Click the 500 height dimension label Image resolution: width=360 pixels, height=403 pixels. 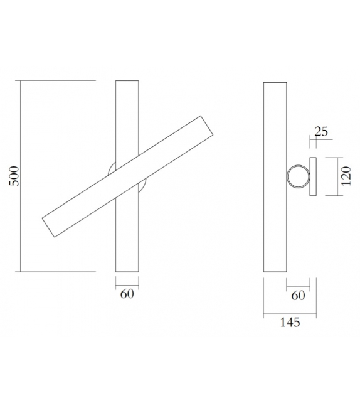click(x=14, y=176)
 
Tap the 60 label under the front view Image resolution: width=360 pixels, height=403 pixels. click(x=127, y=293)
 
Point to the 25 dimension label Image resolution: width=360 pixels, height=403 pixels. click(x=321, y=131)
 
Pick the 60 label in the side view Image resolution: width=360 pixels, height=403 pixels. click(x=298, y=294)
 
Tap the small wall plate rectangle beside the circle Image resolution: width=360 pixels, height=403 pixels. click(x=313, y=176)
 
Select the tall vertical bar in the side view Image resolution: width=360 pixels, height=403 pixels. click(x=274, y=176)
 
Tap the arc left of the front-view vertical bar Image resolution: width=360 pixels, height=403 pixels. click(x=111, y=168)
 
